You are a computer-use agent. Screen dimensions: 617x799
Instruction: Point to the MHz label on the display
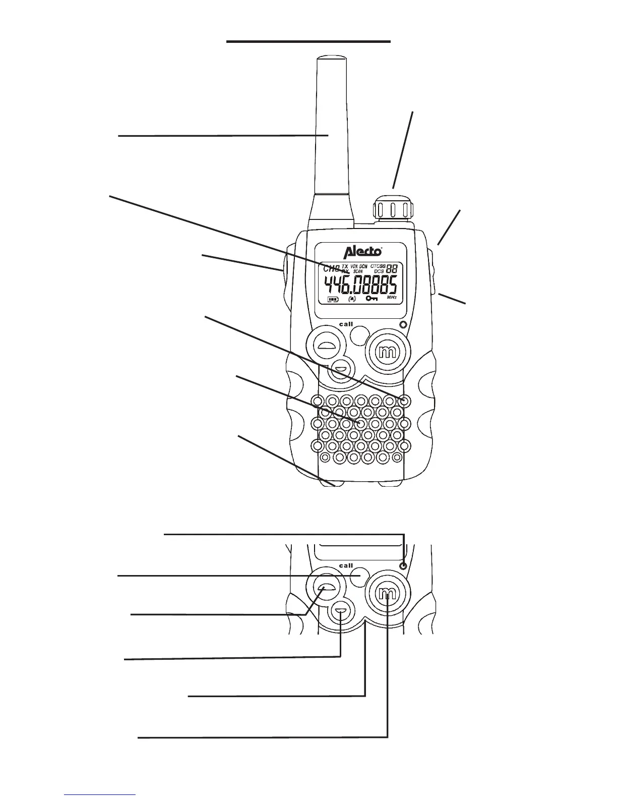click(392, 298)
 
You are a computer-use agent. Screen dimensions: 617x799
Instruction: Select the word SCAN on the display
click(358, 271)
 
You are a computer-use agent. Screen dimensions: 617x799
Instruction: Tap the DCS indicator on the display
click(379, 271)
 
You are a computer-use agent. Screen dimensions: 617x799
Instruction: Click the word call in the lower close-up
click(346, 565)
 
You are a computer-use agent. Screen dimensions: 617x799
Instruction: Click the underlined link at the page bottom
click(100, 795)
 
